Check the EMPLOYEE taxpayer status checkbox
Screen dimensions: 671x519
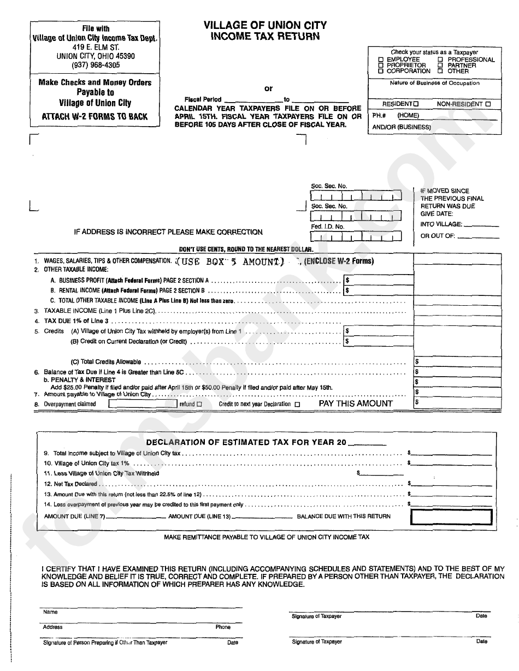(x=381, y=60)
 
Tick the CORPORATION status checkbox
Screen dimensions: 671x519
(x=381, y=71)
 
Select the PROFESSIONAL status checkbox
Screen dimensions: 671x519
(x=440, y=60)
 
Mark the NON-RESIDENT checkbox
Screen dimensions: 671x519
(x=488, y=104)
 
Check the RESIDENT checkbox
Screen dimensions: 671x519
(x=416, y=104)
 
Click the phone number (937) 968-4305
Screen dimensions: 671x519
(x=96, y=65)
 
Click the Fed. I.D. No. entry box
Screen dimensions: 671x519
(x=355, y=237)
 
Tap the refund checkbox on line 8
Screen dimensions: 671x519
(x=199, y=405)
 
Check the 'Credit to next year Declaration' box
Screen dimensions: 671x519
(x=297, y=405)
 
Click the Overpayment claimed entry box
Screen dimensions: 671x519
(x=143, y=405)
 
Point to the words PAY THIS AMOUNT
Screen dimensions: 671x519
(x=356, y=403)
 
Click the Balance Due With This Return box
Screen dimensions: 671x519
(x=451, y=516)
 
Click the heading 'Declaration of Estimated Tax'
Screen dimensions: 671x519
(x=246, y=442)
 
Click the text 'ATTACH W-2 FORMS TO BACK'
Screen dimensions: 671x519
(x=95, y=117)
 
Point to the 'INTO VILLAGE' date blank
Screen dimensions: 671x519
(x=481, y=224)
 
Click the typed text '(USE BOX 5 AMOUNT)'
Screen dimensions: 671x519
(x=232, y=262)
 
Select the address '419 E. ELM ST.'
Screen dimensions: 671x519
(x=96, y=47)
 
